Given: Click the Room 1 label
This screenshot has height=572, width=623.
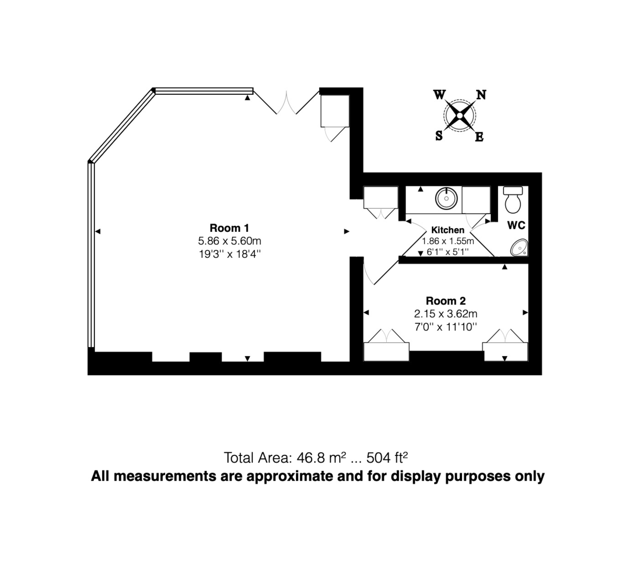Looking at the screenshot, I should click(x=229, y=228).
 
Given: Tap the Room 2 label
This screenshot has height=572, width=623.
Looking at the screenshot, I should click(x=445, y=301).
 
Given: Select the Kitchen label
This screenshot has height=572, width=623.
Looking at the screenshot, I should click(x=448, y=230).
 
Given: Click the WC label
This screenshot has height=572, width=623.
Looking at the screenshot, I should click(x=517, y=225).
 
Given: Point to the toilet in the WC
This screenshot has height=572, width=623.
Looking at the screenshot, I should click(x=513, y=201).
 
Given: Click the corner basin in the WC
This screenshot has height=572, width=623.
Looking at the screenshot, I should click(x=520, y=248).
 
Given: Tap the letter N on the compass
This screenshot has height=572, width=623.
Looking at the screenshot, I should click(x=481, y=95).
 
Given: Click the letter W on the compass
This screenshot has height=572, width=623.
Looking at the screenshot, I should click(x=439, y=94).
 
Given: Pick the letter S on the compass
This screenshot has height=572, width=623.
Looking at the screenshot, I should click(x=439, y=136).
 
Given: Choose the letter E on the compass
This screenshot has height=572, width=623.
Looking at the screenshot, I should click(x=480, y=137).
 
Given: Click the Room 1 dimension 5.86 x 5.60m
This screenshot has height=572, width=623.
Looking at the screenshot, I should click(x=229, y=241).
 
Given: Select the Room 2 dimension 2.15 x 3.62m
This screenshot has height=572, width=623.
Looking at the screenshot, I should click(x=445, y=314).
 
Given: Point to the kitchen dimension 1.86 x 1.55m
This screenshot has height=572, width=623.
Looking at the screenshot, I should click(x=448, y=241).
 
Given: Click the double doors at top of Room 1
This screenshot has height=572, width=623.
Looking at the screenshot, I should click(x=288, y=104).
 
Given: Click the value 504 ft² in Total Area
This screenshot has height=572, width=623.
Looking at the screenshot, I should click(x=387, y=458).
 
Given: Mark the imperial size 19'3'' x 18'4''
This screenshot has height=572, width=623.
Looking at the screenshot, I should click(x=229, y=254).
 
